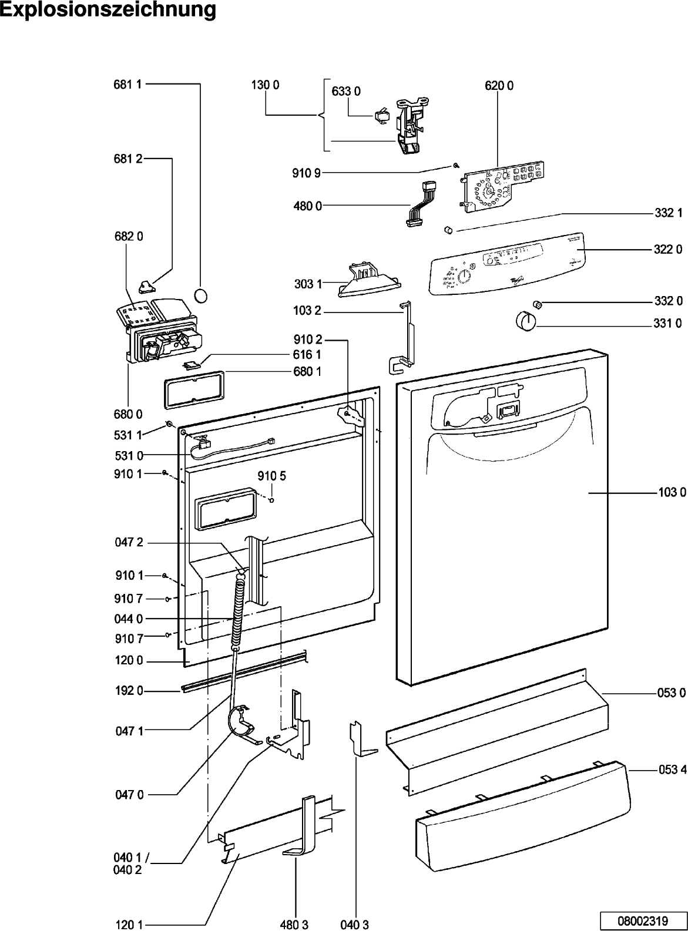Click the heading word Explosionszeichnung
pyautogui.click(x=108, y=10)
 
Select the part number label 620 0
pyautogui.click(x=499, y=85)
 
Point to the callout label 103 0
pyautogui.click(x=672, y=493)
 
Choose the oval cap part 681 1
pyautogui.click(x=201, y=294)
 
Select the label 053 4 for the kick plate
pyautogui.click(x=671, y=770)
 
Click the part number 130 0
pyautogui.click(x=265, y=85)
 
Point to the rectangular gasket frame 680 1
pyautogui.click(x=193, y=389)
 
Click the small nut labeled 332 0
pyautogui.click(x=536, y=303)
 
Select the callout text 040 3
pyautogui.click(x=355, y=925)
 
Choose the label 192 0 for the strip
pyautogui.click(x=129, y=691)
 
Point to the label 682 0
pyautogui.click(x=129, y=237)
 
